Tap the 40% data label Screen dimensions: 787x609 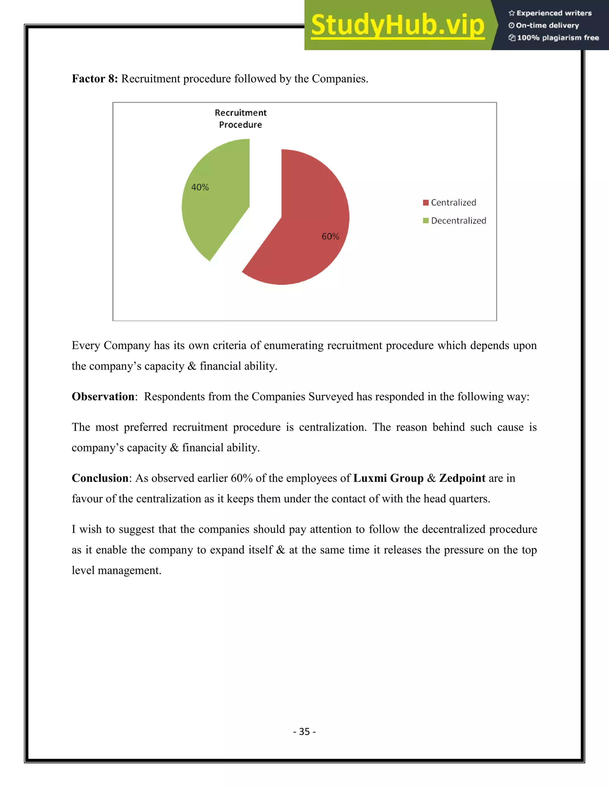[200, 187]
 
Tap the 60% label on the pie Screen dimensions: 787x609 [330, 236]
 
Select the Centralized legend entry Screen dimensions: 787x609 [453, 203]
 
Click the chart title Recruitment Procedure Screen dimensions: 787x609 [241, 118]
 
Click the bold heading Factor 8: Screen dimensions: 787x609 [95, 79]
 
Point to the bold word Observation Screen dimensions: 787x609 [103, 396]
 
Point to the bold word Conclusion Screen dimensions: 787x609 [100, 478]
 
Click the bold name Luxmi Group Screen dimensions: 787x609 [388, 478]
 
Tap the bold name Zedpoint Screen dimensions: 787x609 [462, 478]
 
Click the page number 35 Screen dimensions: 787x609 [304, 731]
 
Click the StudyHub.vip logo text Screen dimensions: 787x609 [398, 25]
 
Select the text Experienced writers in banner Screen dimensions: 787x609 [554, 13]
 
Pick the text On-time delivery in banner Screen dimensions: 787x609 [547, 26]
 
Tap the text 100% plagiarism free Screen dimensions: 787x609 [558, 38]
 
